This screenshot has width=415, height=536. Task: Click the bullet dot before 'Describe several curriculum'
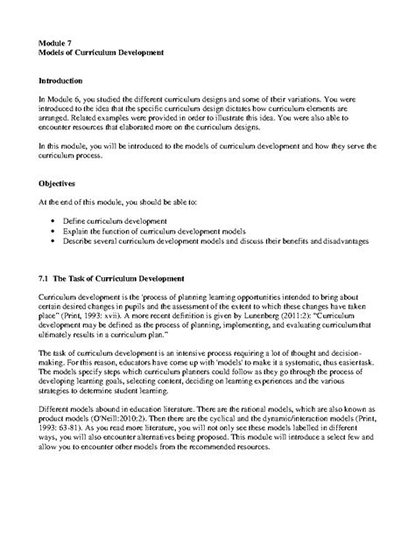click(56, 240)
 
